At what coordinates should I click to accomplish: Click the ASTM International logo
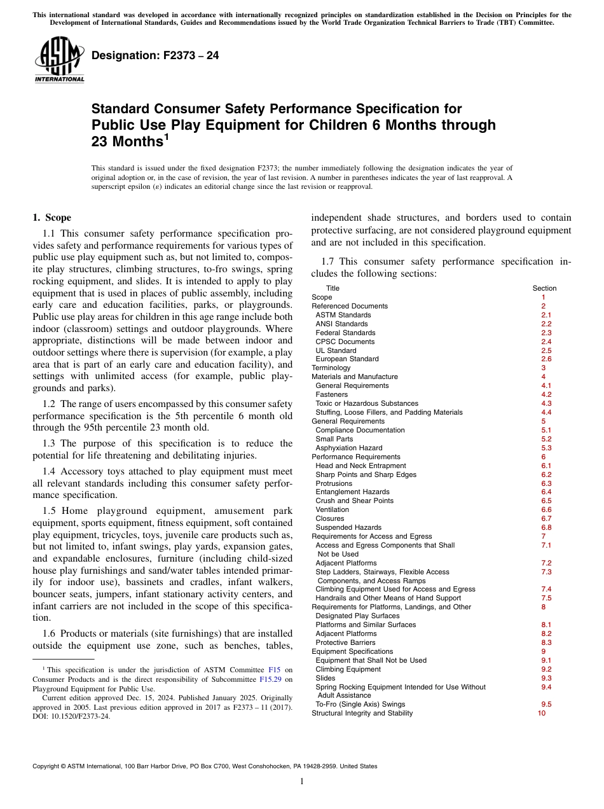tap(59, 60)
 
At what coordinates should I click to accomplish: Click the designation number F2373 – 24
tap(155, 55)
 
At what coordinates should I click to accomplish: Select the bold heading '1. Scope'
tap(52, 218)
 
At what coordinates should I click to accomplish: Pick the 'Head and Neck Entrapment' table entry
tap(360, 466)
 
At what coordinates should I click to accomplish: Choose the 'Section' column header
tap(544, 288)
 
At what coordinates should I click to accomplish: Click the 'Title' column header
tap(333, 288)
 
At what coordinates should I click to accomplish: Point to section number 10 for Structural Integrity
tap(542, 713)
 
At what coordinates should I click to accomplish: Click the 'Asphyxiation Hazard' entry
tap(349, 448)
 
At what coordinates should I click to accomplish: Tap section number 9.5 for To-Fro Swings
tap(546, 704)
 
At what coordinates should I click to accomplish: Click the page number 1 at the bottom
tap(302, 782)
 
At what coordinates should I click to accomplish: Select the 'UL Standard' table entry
tap(336, 350)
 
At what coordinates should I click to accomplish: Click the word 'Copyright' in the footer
tap(48, 766)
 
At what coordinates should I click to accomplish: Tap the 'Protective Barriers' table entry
tap(347, 642)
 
